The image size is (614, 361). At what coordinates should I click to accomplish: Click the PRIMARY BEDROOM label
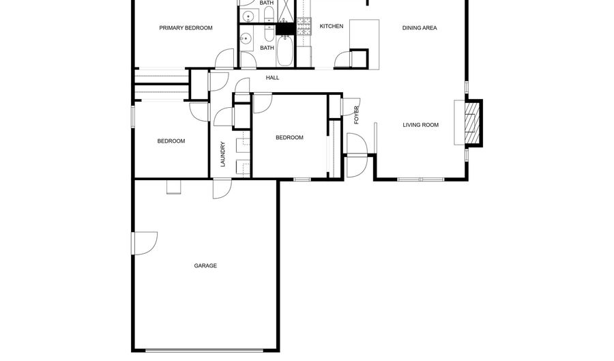click(186, 28)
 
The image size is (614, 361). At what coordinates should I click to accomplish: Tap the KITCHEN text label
click(332, 27)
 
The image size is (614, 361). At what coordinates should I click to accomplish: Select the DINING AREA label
click(419, 28)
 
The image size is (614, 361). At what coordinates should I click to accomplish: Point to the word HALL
click(272, 78)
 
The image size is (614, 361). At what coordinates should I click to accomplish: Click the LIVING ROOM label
click(420, 125)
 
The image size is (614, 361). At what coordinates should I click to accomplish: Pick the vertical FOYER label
click(356, 115)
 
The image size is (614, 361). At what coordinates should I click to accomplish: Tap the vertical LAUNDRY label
click(222, 154)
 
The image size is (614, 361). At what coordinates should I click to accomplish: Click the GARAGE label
click(205, 265)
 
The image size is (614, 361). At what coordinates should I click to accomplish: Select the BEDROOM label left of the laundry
click(171, 141)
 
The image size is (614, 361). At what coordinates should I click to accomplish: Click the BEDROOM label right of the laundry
click(289, 138)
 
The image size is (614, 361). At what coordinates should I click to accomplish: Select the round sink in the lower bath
click(248, 40)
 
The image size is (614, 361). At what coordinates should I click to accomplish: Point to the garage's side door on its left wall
click(143, 244)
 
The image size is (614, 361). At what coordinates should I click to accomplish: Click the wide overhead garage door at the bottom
click(204, 351)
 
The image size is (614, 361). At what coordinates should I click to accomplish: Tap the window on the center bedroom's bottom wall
click(302, 179)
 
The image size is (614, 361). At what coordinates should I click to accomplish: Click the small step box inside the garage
click(174, 186)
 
